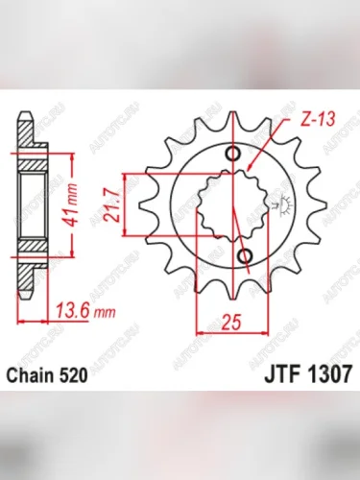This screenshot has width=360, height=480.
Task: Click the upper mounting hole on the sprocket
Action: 231,155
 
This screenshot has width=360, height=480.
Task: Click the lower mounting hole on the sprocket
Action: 244,254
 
